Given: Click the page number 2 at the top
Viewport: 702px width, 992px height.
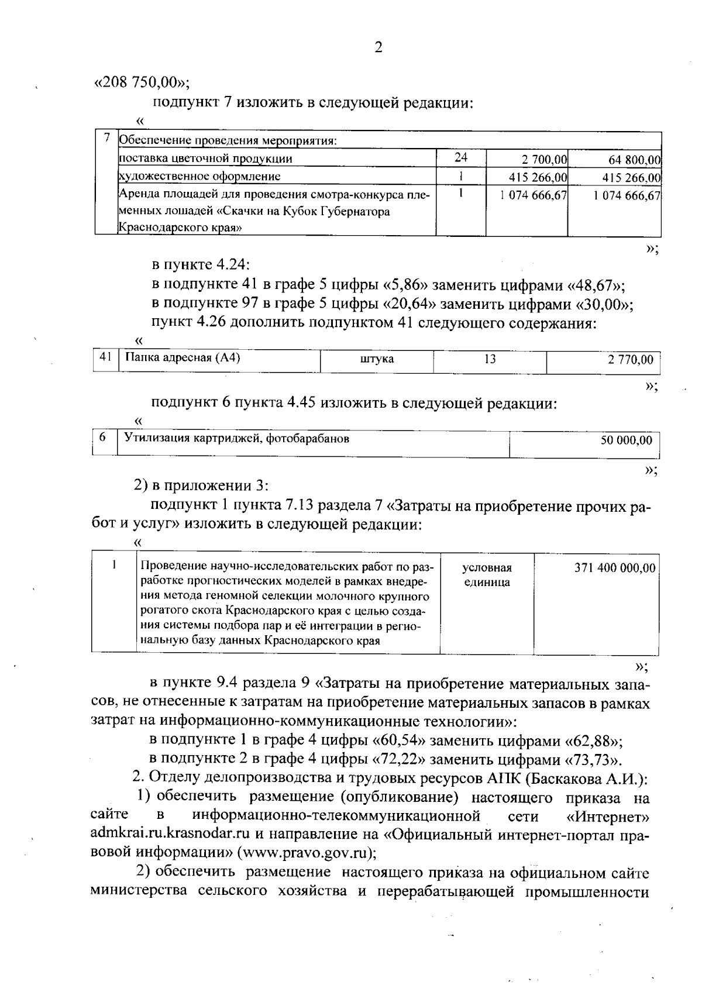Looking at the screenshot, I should tap(378, 48).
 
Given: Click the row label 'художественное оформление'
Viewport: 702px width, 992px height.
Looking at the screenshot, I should tap(199, 176).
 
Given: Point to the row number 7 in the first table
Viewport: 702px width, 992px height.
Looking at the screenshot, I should tap(106, 139).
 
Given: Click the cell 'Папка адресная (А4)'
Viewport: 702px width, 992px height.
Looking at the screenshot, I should tap(183, 359).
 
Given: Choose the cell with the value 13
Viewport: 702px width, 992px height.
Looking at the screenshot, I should tap(490, 359).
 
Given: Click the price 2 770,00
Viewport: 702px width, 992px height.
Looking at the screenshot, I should tap(630, 360).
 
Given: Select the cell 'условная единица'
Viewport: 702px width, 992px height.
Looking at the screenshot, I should tap(487, 575).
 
